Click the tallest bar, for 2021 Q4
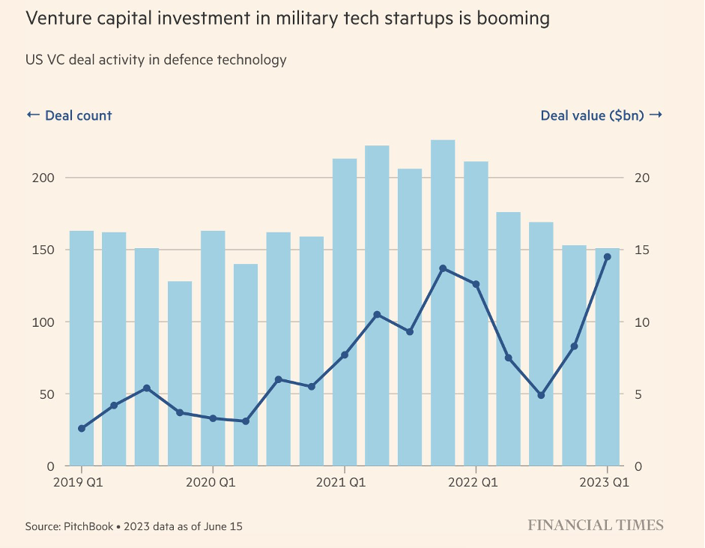coord(443,300)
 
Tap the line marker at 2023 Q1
coord(607,257)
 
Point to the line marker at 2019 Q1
coord(81,428)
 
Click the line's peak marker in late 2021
coord(443,268)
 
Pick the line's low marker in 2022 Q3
coord(541,395)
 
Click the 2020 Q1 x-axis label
coord(212,482)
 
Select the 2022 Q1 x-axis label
coord(476,482)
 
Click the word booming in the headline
coord(509,19)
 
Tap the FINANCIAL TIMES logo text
coord(596,525)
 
